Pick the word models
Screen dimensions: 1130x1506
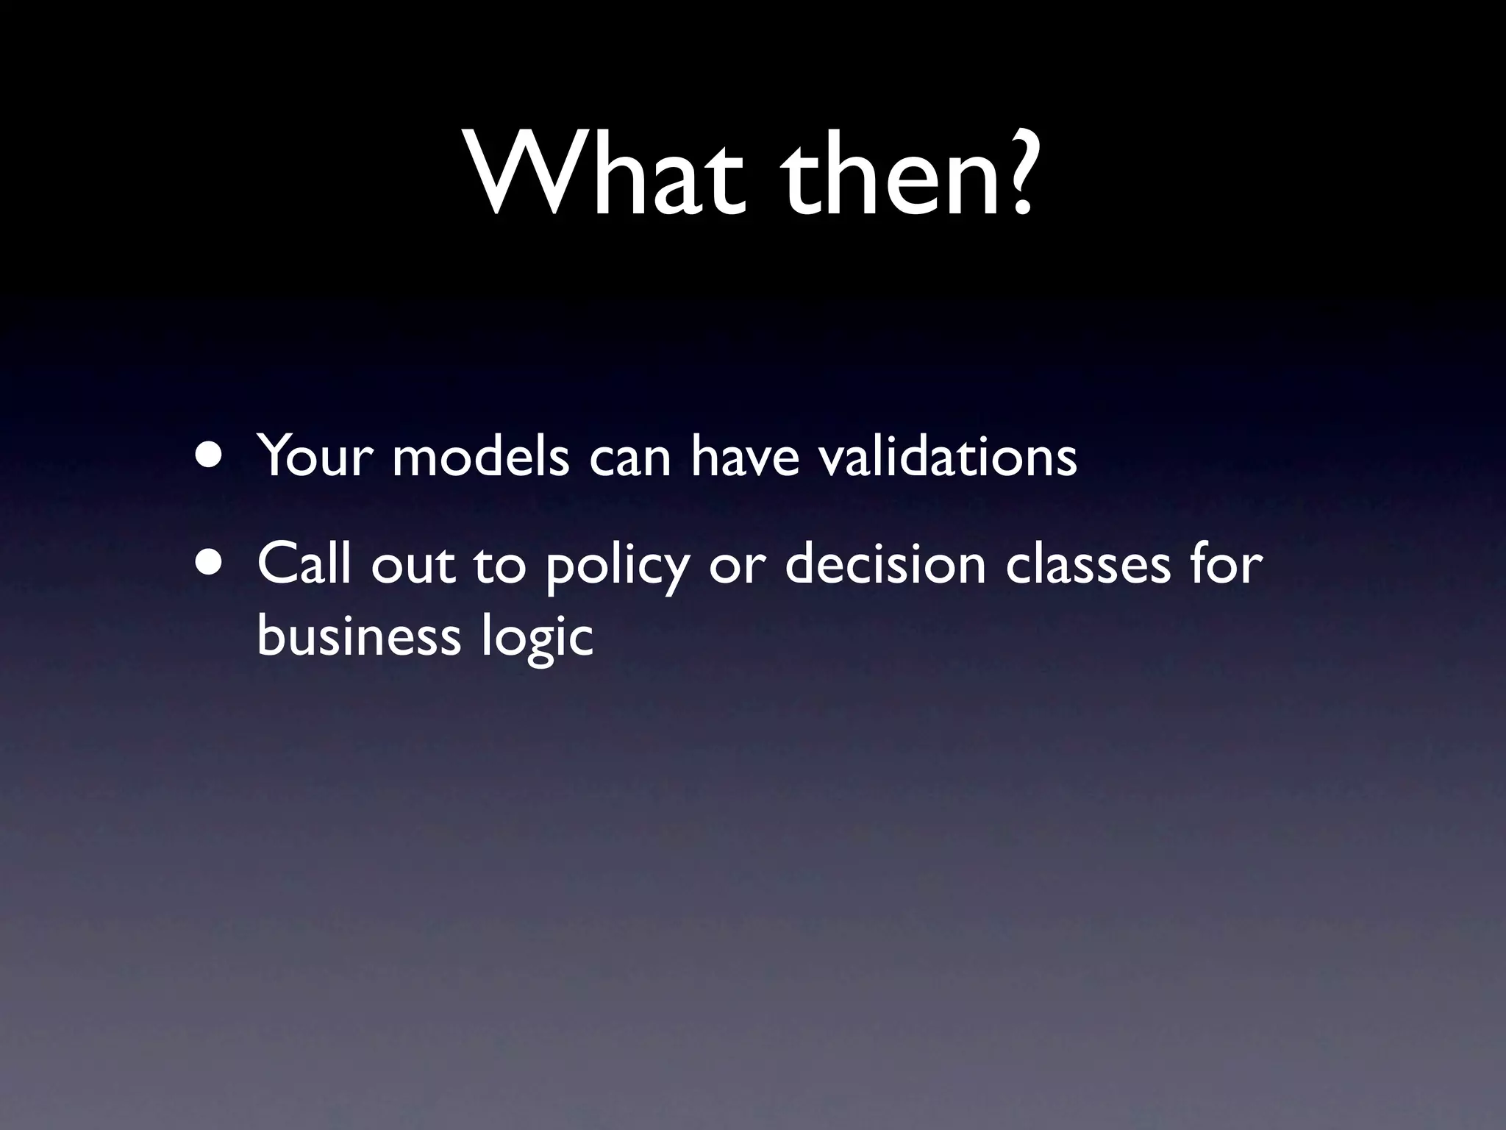481,457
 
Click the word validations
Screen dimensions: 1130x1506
948,457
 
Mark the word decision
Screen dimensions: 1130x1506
885,565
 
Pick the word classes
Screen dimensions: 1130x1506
1088,565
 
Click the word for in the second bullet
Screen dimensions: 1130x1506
1226,565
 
